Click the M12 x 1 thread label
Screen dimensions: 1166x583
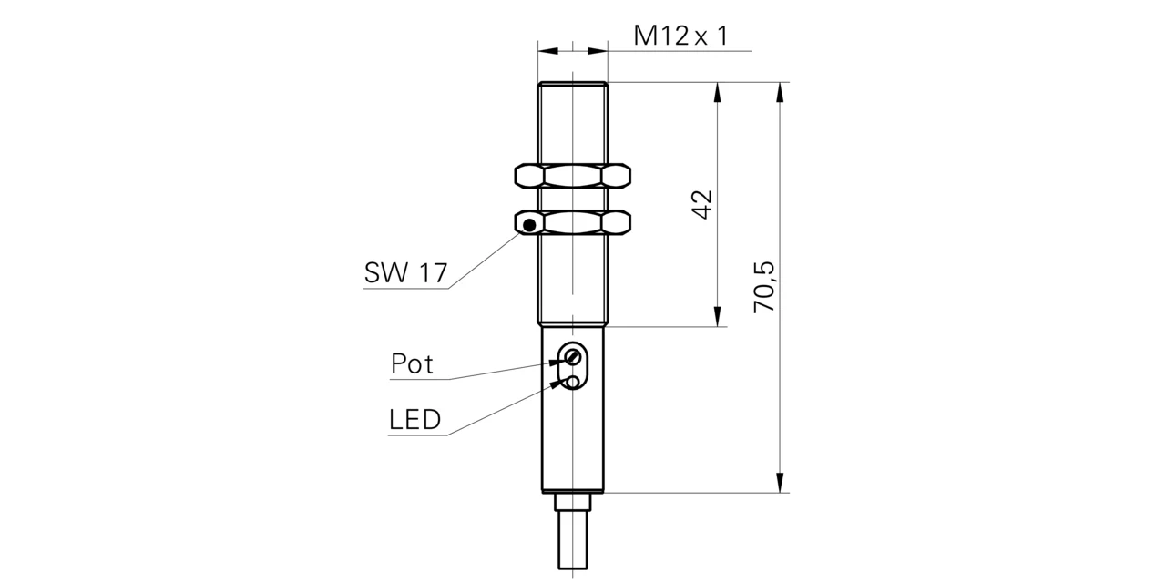click(x=680, y=36)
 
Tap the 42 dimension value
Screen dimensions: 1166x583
click(x=702, y=205)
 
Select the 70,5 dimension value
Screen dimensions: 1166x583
click(x=764, y=287)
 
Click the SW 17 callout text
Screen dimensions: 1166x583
click(x=405, y=272)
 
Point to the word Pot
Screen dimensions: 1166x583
click(x=412, y=363)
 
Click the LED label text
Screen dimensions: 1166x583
click(x=414, y=419)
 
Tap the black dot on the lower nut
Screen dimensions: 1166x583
click(x=529, y=225)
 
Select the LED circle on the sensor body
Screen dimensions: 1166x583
click(x=573, y=383)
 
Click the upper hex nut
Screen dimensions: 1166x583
click(x=573, y=176)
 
